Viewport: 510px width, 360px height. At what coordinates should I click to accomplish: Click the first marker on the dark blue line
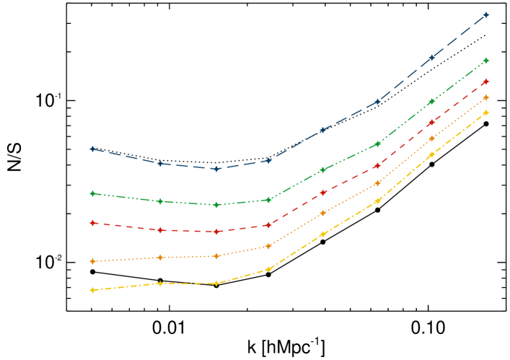(92, 149)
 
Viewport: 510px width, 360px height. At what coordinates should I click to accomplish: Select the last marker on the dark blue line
(486, 14)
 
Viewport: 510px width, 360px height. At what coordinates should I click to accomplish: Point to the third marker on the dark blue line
(216, 169)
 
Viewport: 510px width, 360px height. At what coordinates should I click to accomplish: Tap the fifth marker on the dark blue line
(323, 130)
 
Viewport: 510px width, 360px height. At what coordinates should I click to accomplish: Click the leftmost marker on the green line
(92, 193)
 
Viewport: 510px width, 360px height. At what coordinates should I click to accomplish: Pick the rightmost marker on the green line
(486, 60)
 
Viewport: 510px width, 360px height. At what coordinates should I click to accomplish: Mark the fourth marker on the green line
(268, 200)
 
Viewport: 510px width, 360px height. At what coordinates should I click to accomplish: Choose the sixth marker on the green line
(377, 144)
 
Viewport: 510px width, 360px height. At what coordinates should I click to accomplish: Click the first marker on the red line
(92, 223)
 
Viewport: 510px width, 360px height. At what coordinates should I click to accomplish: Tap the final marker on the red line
(486, 82)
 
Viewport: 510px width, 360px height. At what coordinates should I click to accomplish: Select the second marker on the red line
(160, 230)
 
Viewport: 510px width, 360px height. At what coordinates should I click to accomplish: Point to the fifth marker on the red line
(323, 193)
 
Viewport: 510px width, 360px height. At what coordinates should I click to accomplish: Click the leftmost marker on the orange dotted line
(92, 261)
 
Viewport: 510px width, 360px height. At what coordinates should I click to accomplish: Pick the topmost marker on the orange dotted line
(486, 97)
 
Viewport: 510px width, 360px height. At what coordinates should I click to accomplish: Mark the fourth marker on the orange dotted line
(268, 246)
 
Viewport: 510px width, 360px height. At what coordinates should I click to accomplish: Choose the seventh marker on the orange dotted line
(431, 139)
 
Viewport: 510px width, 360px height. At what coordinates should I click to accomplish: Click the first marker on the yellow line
(92, 290)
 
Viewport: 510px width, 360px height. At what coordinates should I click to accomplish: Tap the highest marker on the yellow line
(486, 113)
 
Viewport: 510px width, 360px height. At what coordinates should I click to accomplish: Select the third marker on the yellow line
(216, 284)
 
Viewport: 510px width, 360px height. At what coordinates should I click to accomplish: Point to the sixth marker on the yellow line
(377, 201)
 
